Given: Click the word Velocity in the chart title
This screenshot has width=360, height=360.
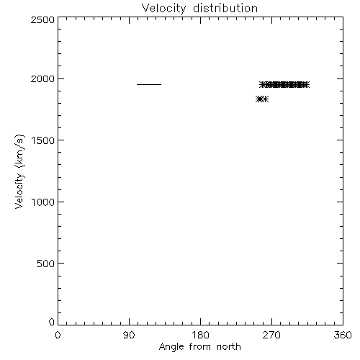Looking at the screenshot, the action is pos(163,9).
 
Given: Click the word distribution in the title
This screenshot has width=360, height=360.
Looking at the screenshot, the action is pos(225,9).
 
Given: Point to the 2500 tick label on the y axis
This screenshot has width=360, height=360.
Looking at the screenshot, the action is pos(42,20).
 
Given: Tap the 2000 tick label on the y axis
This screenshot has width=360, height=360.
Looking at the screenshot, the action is pos(42,79).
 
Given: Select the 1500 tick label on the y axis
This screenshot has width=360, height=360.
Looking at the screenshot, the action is pos(42,140).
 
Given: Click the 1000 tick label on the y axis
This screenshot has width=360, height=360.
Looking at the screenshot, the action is pos(42,202).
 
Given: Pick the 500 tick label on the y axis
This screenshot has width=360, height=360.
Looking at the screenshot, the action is pos(46,264).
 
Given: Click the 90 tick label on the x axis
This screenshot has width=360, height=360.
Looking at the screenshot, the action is pos(129,335).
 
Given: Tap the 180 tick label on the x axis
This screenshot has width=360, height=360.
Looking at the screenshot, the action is pos(200,335).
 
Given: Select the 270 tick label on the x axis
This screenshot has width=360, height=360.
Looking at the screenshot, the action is pos(271,335).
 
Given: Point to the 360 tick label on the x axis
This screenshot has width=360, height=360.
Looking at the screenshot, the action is pos(343,335).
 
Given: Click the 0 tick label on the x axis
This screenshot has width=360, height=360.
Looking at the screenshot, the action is pos(58,335).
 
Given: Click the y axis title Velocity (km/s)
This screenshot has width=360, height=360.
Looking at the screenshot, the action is pos(19,171).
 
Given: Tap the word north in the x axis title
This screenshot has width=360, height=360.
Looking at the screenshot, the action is pos(229,347).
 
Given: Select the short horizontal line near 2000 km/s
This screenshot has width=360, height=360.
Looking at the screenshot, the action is pos(149,84).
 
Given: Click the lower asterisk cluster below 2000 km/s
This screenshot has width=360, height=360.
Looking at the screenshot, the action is pos(262,99).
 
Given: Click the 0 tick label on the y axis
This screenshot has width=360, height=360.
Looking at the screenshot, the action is pos(52,322).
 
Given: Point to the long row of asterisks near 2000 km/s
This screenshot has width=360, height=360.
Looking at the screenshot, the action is pos(284,84).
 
